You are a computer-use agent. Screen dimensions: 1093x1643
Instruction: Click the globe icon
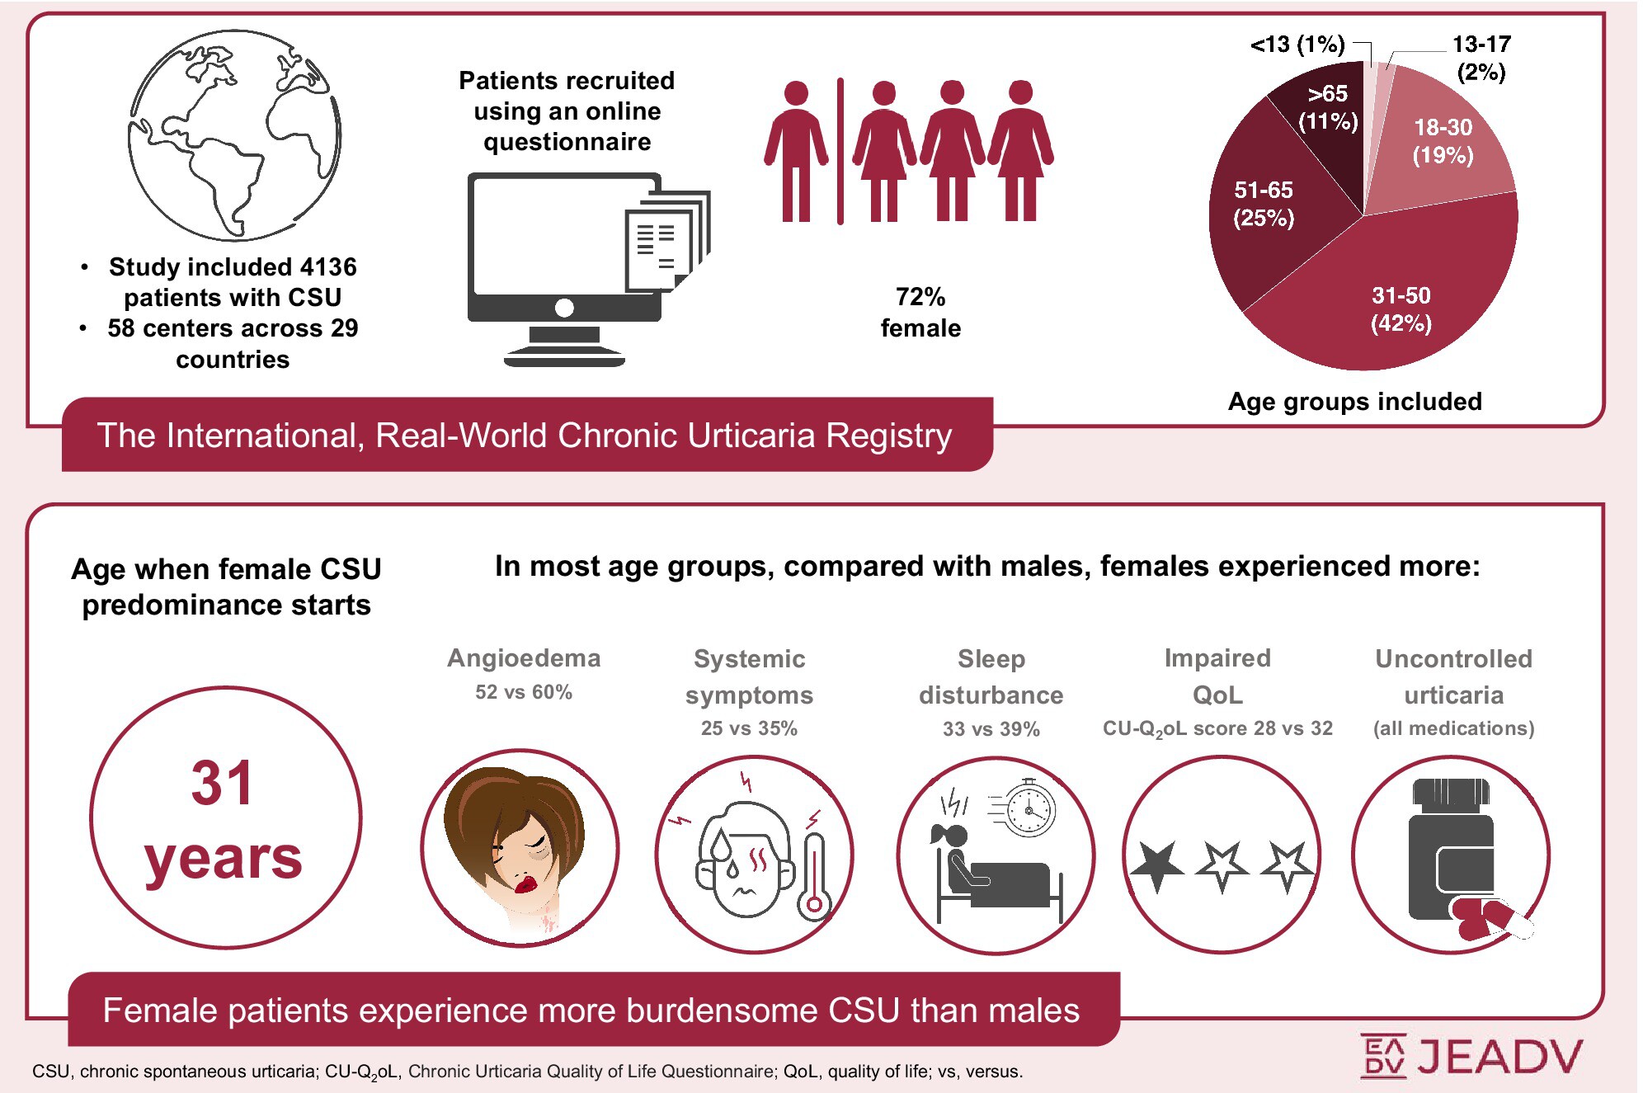tap(234, 136)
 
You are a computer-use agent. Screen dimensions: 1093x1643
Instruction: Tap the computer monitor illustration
tap(564, 247)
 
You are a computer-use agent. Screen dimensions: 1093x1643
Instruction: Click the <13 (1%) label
tap(1297, 45)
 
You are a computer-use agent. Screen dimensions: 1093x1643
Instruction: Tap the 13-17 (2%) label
tap(1481, 57)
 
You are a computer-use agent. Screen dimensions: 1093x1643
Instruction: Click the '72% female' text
tap(920, 312)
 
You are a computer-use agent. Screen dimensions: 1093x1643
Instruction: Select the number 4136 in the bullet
tap(328, 267)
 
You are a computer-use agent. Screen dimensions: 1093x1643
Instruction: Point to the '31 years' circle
tap(225, 817)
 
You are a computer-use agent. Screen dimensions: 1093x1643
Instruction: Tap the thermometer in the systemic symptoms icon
tap(814, 874)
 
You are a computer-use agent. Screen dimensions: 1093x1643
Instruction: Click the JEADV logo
tap(1471, 1056)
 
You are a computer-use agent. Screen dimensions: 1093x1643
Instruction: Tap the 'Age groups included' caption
tap(1354, 402)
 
